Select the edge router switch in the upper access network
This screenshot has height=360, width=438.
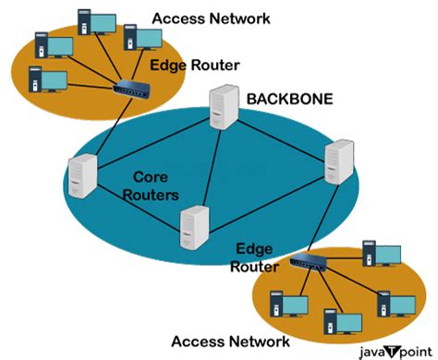[x=135, y=90]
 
